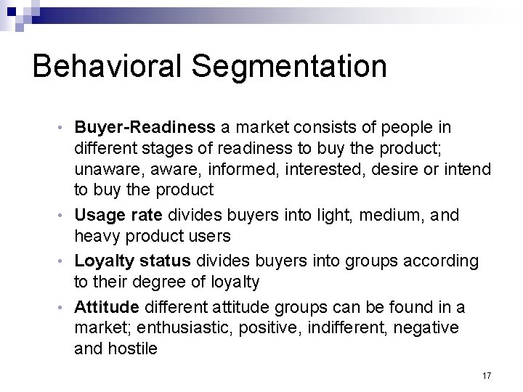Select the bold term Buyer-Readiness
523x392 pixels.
point(145,128)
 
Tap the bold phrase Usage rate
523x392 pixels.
point(119,216)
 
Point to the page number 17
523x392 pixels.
point(486,375)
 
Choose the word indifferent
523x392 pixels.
point(342,328)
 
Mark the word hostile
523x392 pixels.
point(131,348)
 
